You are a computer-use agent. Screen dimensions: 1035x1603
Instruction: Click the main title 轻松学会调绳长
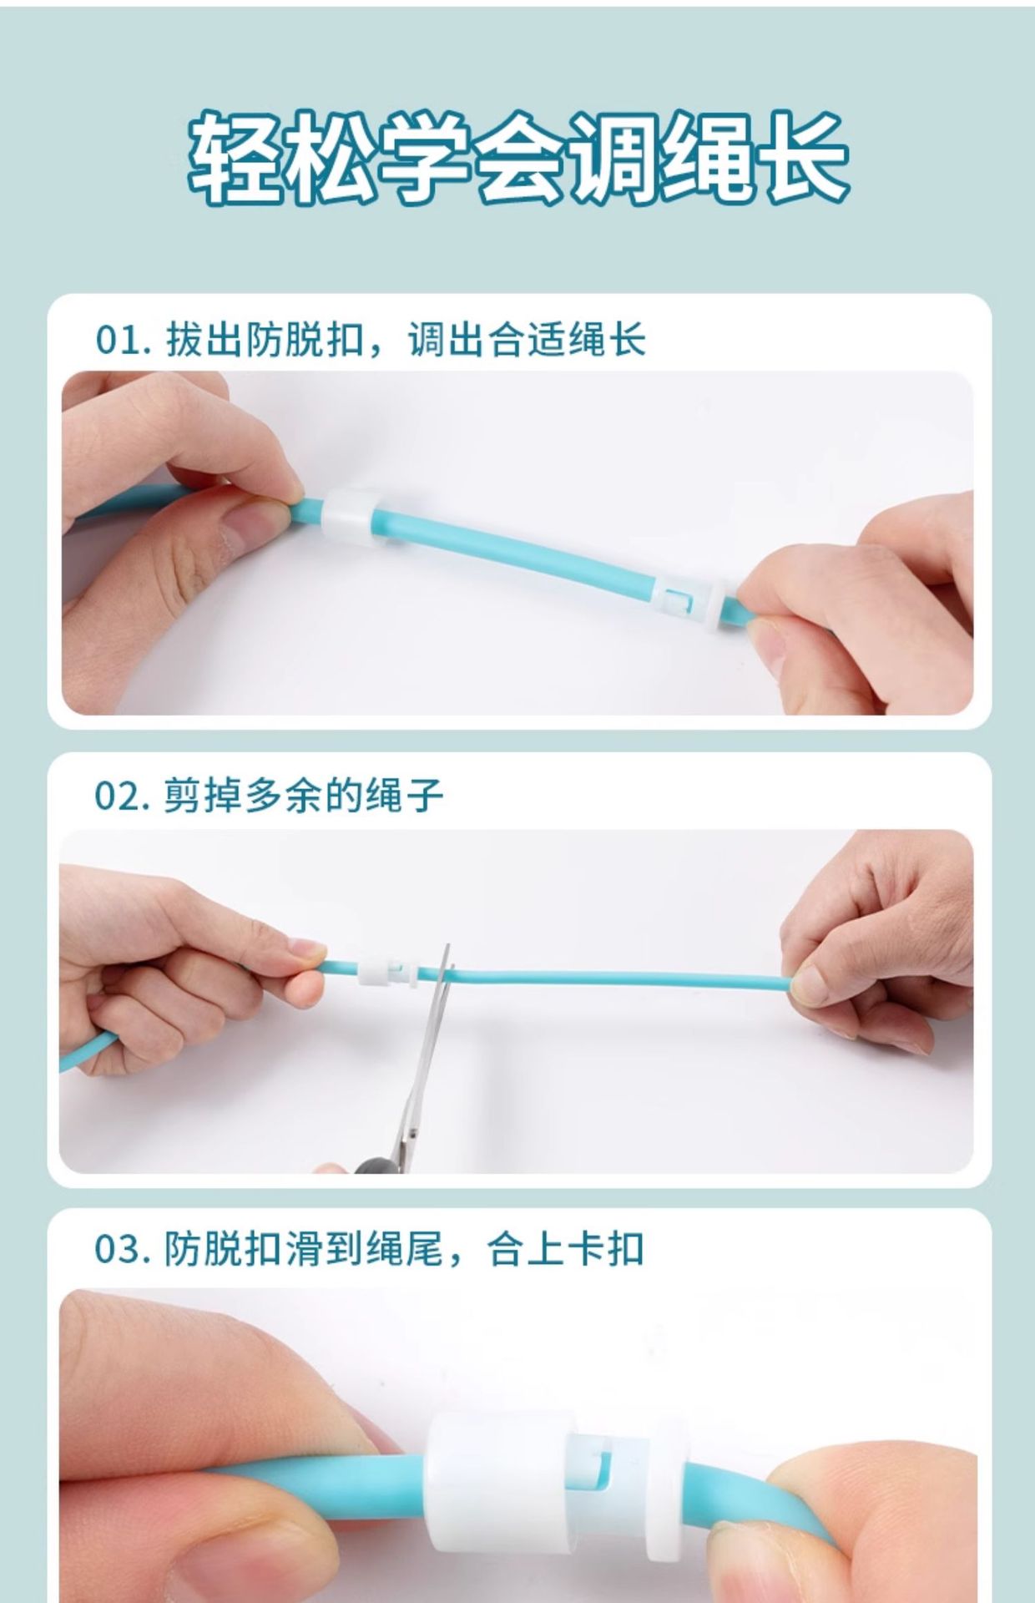point(517,158)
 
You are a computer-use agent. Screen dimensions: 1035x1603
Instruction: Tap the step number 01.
point(123,340)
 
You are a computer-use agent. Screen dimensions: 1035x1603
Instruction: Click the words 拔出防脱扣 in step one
point(265,340)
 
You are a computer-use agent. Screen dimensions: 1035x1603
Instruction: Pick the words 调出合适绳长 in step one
point(527,340)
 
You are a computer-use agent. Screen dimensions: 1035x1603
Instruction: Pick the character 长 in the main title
point(803,158)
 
